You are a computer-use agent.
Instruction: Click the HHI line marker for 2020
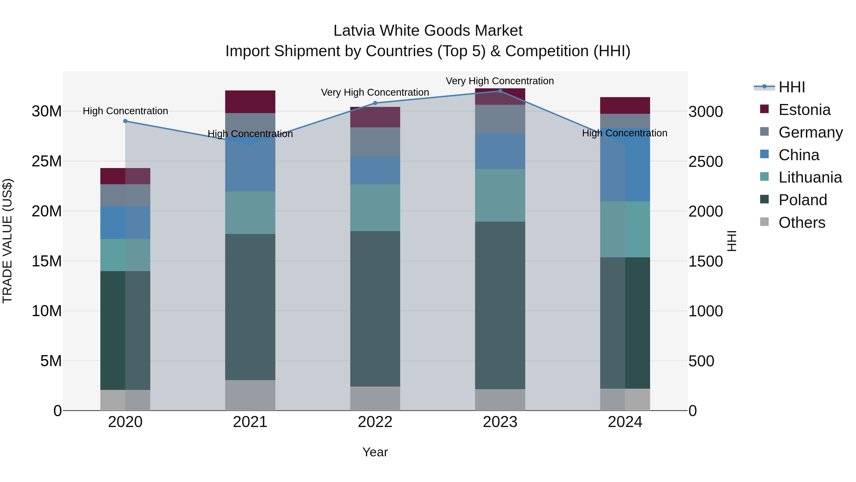click(x=125, y=121)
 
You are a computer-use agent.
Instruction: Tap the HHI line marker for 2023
click(x=500, y=91)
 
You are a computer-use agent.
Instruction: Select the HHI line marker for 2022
click(x=375, y=103)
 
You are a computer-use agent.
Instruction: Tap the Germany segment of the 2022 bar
click(x=375, y=142)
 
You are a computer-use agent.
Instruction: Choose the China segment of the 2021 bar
click(x=250, y=166)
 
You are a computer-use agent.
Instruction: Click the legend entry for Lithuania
click(x=810, y=177)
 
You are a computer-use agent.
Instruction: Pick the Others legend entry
click(x=802, y=222)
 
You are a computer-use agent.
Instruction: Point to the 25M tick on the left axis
click(x=47, y=161)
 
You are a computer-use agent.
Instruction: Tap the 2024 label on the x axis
click(x=625, y=422)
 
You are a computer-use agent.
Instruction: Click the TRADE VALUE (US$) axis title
click(x=7, y=241)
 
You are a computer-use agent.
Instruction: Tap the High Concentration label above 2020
click(x=125, y=111)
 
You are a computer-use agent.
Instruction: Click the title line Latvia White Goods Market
click(x=428, y=31)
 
